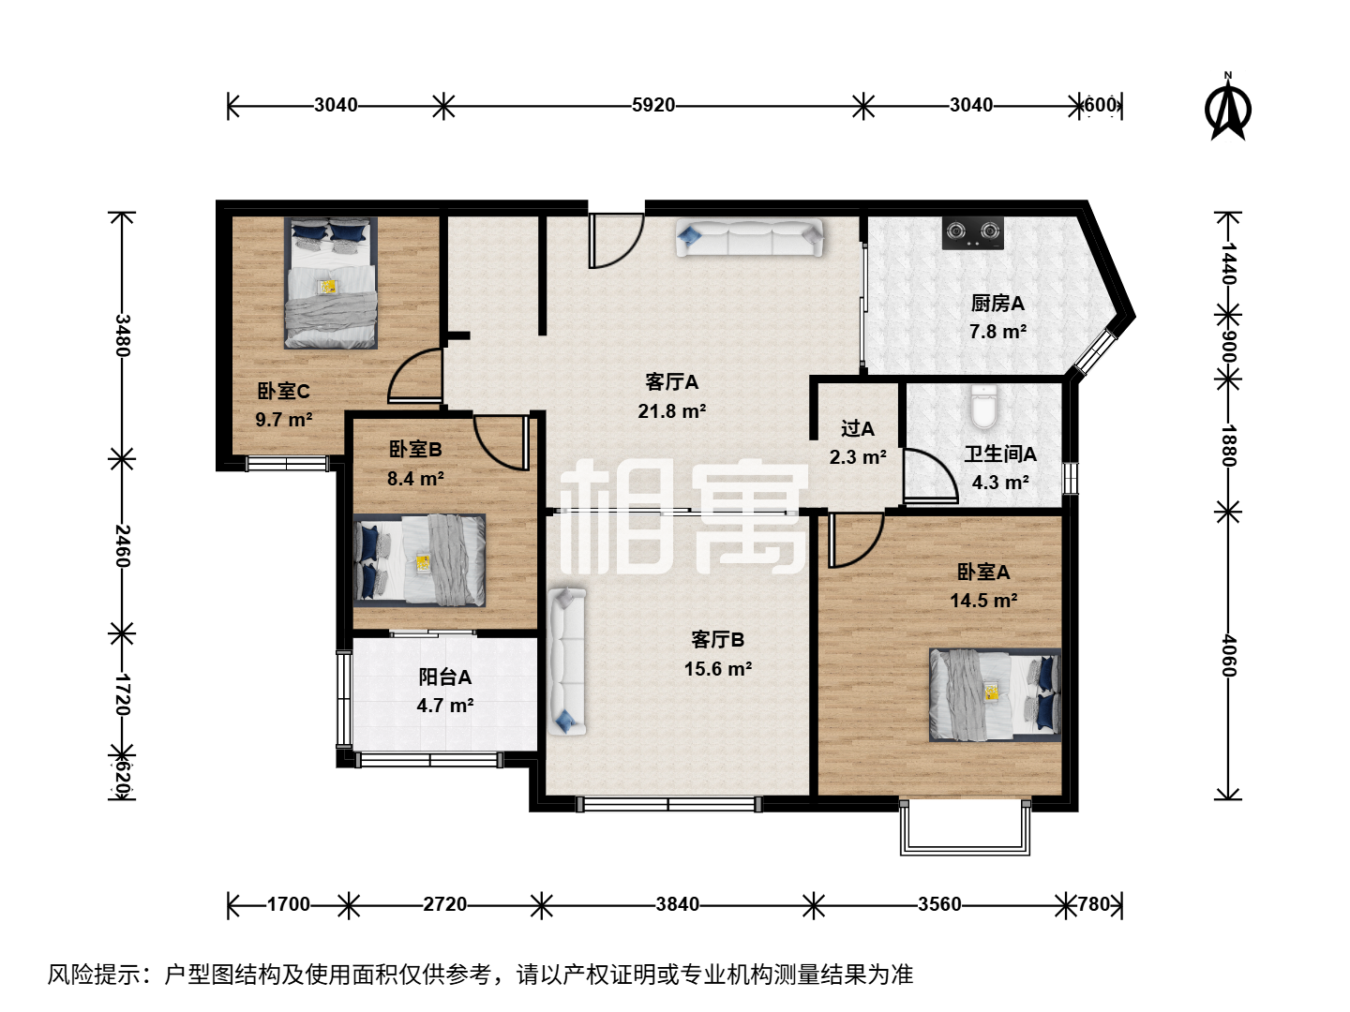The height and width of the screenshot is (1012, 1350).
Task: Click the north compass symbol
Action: tap(1227, 106)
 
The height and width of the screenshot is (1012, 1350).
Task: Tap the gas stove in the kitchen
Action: tap(972, 233)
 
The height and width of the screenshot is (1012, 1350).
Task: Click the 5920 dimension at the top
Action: tap(653, 105)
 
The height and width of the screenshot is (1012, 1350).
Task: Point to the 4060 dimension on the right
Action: tap(1228, 656)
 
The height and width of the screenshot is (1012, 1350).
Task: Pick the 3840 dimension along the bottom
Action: tap(677, 904)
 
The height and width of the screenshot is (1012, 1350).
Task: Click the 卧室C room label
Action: tap(283, 391)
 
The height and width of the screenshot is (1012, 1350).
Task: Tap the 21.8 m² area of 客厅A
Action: tap(671, 410)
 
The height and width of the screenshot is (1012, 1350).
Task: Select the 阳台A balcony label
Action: tap(444, 677)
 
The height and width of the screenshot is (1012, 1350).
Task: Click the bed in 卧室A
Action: tap(995, 695)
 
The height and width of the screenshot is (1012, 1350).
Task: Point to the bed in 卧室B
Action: tap(419, 560)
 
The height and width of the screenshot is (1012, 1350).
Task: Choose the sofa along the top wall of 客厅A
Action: tap(749, 238)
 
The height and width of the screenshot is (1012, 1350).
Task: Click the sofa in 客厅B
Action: tap(567, 662)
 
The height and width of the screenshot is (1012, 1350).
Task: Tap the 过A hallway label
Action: tap(858, 428)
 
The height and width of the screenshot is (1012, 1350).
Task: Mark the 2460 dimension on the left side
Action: tap(123, 545)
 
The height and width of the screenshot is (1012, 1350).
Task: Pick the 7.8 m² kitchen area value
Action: tap(997, 332)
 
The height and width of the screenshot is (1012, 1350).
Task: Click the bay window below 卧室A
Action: tap(965, 827)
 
